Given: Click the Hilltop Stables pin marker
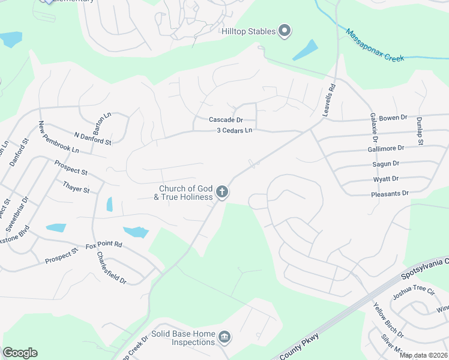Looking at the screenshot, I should click(285, 31).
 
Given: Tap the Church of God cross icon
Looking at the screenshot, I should click(222, 193).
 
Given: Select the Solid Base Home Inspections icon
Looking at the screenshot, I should click(224, 337).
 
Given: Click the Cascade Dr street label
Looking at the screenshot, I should click(226, 120).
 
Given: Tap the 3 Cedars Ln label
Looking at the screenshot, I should click(235, 131).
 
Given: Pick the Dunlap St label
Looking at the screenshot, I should click(421, 130).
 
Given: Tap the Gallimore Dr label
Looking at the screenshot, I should click(385, 148).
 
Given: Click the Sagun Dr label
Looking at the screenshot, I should click(385, 163).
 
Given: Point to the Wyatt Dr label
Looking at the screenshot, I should click(386, 178).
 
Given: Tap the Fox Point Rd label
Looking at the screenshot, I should click(104, 245).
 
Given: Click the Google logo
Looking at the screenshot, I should click(20, 353).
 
